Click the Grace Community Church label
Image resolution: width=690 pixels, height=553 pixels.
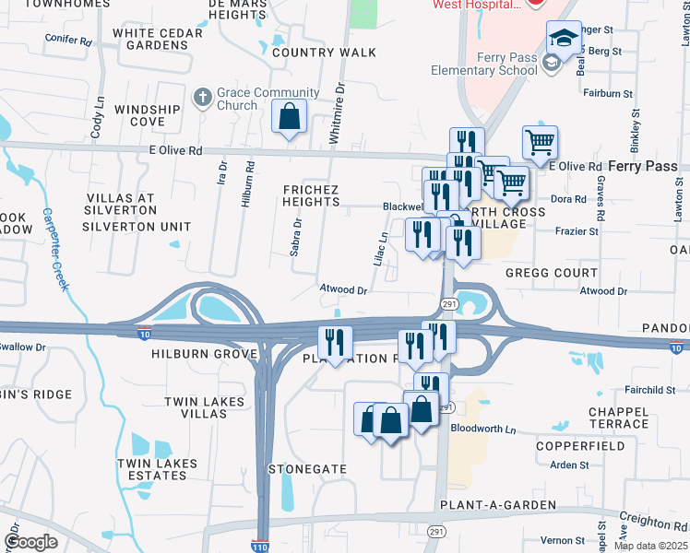[268, 99]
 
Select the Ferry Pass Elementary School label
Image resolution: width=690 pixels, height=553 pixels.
[484, 64]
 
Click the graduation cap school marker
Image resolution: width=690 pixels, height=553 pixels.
[563, 39]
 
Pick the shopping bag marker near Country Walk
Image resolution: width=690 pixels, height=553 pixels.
[290, 118]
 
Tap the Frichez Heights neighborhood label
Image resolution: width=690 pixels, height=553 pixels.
[311, 195]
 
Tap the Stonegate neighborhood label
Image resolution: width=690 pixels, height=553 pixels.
[307, 469]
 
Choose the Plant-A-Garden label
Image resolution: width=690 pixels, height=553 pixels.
[498, 505]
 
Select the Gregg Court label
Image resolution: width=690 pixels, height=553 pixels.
[552, 273]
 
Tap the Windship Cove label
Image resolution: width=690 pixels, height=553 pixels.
[148, 115]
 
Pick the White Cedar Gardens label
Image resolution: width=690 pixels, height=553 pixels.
[157, 39]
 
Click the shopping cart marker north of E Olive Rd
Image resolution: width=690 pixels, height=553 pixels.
[540, 143]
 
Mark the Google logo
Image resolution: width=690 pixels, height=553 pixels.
[31, 542]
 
